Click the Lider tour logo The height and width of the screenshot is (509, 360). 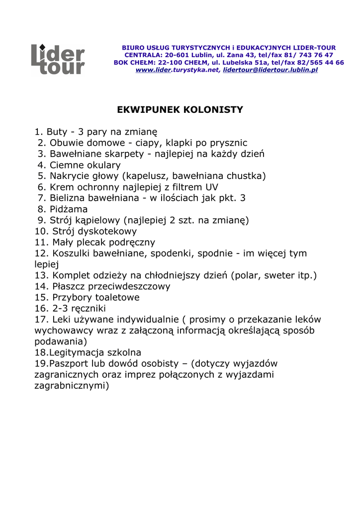point(58,60)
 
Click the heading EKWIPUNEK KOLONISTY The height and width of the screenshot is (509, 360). point(180,109)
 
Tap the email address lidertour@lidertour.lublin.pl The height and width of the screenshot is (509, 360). point(270,71)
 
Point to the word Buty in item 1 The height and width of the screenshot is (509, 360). point(56,132)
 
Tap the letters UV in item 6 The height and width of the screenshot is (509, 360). point(212,187)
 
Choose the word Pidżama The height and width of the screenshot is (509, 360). point(69,209)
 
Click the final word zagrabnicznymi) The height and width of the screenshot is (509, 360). point(72,386)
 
